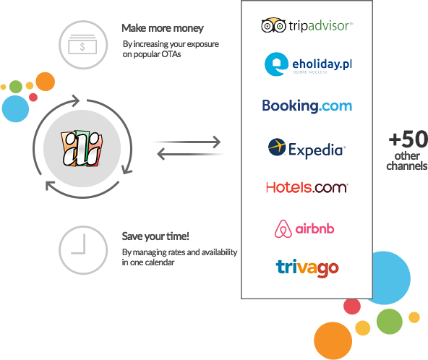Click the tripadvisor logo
pos(307,25)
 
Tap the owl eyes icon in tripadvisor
pos(271,26)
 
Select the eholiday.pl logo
pos(307,65)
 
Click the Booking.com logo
pos(307,106)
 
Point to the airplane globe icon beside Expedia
pos(277,147)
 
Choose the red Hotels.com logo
pos(307,187)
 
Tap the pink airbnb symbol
pos(283,229)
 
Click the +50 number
pos(407,139)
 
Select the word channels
pos(407,166)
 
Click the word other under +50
pos(407,155)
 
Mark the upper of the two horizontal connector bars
pos(181,142)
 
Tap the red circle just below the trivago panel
pos(352,307)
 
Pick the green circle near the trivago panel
pos(388,322)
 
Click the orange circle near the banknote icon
pos(45,81)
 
